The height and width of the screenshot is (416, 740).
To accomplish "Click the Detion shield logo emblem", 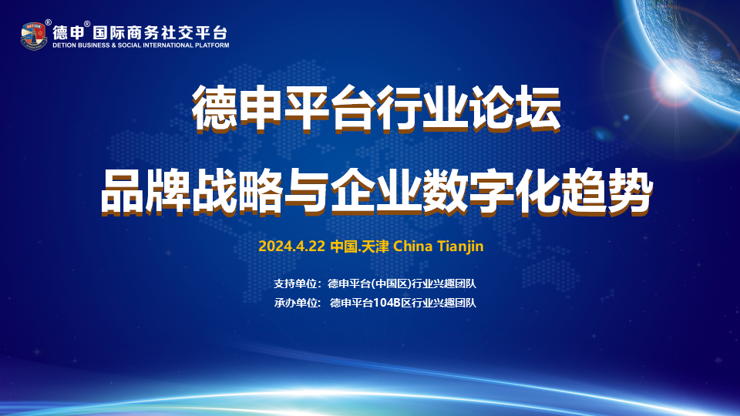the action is click(x=34, y=36).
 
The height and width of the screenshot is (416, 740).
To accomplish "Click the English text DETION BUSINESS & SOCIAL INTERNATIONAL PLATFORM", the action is click(x=141, y=45).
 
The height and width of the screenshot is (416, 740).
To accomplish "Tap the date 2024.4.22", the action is click(x=291, y=247).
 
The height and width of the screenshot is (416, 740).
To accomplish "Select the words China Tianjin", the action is click(x=438, y=247).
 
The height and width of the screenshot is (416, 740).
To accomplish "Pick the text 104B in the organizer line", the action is click(x=387, y=303).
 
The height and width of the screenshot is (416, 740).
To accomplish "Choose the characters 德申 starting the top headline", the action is click(x=238, y=109).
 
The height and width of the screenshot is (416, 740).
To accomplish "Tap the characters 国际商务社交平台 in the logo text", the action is click(x=160, y=32).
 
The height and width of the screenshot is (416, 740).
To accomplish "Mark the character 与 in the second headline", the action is click(x=306, y=192).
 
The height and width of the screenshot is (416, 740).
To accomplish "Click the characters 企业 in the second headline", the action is click(x=375, y=192).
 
